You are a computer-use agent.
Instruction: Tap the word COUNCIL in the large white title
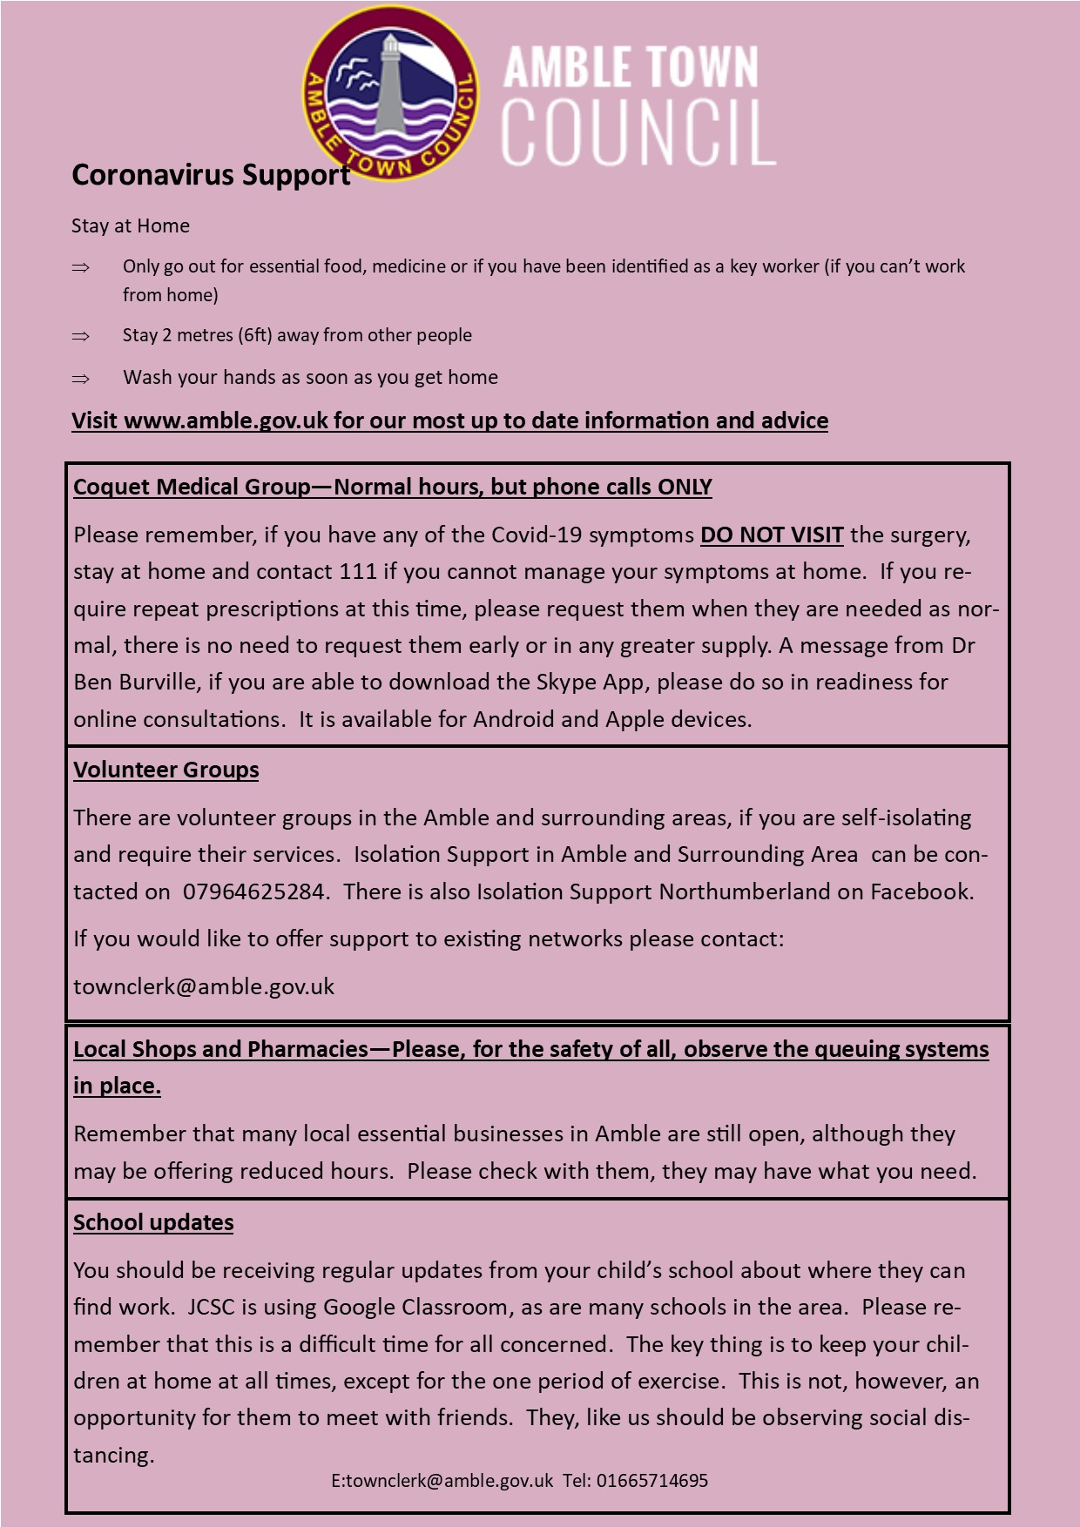click(x=638, y=133)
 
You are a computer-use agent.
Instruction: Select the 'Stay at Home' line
click(x=131, y=226)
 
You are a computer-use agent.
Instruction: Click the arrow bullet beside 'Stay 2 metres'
click(x=81, y=336)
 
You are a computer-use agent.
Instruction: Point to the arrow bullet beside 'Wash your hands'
click(x=81, y=379)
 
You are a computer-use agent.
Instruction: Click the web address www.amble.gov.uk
click(x=226, y=421)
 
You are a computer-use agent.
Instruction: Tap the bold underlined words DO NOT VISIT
click(x=772, y=535)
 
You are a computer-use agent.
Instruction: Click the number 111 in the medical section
click(x=359, y=572)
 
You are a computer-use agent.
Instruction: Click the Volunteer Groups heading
click(x=166, y=770)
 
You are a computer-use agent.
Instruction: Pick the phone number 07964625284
click(x=254, y=892)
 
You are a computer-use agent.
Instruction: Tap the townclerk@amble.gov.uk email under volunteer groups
click(x=204, y=987)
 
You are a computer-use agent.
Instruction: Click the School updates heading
click(x=153, y=1223)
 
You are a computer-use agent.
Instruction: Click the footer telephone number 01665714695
click(x=652, y=1481)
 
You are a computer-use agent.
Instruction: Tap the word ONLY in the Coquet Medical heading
click(x=685, y=488)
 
